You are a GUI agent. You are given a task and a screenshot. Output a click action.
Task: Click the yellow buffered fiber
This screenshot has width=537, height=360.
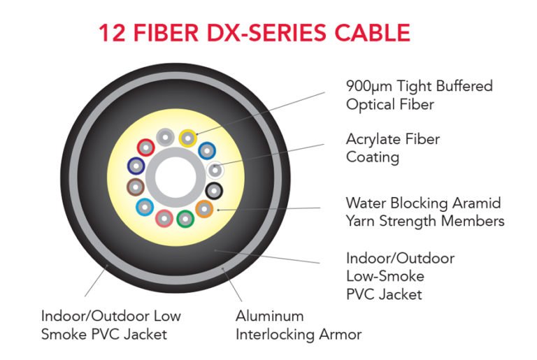pyautogui.click(x=187, y=137)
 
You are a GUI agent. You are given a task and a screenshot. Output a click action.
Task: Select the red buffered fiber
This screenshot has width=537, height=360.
pyautogui.click(x=145, y=147)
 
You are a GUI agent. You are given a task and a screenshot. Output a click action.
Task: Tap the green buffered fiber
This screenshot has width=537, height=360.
pyautogui.click(x=185, y=218)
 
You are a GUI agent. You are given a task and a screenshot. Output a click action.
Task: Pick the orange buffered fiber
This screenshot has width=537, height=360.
pyautogui.click(x=204, y=208)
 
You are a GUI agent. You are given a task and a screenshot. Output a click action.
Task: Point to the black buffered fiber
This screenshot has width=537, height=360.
pyautogui.click(x=215, y=190)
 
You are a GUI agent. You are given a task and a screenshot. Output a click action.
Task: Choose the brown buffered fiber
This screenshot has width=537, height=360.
pyautogui.click(x=136, y=187)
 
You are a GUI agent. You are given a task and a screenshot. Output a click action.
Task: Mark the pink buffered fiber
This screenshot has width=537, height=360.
pyautogui.click(x=164, y=219)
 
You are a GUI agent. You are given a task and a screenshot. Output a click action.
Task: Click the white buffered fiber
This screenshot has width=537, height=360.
pyautogui.click(x=216, y=169)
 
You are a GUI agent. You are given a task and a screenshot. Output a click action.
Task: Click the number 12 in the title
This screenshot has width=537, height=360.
pyautogui.click(x=113, y=33)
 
